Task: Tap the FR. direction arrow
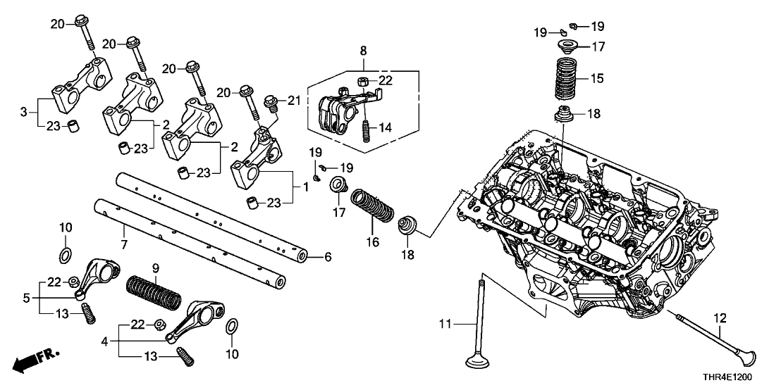35,360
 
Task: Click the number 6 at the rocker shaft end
327,257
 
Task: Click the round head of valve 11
482,363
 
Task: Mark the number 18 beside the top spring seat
596,113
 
